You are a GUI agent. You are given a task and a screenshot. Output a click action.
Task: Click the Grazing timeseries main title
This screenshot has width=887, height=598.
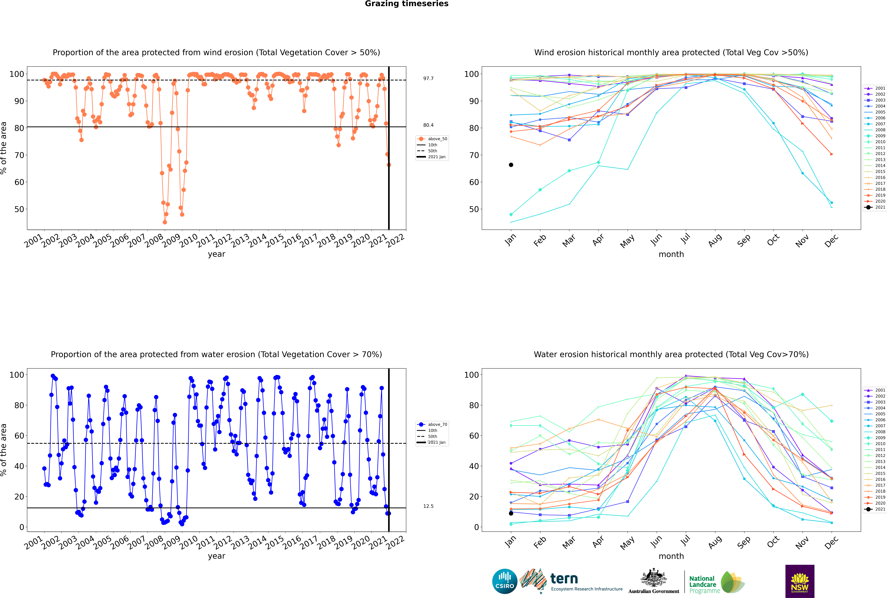pos(407,4)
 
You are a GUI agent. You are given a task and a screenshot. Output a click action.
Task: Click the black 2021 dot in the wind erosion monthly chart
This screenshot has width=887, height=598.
pos(511,165)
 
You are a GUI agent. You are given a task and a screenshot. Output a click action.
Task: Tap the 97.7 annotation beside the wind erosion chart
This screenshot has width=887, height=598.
pos(428,79)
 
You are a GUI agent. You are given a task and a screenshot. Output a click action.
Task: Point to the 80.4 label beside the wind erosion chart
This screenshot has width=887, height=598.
pos(428,125)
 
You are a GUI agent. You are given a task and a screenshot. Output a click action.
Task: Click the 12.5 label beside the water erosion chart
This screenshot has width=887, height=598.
pos(428,506)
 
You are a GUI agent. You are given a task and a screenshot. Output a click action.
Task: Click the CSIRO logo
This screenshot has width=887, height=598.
pos(504,581)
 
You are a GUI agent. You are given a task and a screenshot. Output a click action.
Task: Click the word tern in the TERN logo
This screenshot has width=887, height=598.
pos(564,579)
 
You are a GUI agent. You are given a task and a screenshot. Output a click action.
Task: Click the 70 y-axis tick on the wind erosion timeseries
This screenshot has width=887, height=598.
pos(19,155)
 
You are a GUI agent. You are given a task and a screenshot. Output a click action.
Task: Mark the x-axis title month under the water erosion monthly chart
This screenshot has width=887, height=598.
pos(671,556)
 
